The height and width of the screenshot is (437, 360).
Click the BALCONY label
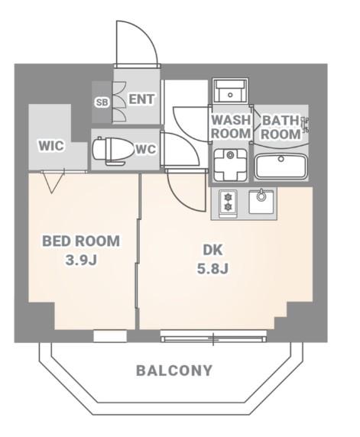174,371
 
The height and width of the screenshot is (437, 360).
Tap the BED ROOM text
81,241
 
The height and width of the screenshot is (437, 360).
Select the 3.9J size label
81,260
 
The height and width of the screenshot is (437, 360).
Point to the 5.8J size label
213,269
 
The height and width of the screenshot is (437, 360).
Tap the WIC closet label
51,145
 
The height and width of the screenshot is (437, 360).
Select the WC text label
145,149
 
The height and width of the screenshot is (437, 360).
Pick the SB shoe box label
102,102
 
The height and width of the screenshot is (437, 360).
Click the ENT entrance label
141,99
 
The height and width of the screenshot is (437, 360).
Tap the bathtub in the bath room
281,167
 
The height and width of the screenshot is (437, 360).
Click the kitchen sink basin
261,202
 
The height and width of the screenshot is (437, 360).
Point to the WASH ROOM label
231,127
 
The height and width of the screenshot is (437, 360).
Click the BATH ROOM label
281,128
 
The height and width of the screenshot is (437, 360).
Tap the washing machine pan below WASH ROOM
230,166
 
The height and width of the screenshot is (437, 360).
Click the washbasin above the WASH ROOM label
230,91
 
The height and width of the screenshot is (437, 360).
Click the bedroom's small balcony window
110,336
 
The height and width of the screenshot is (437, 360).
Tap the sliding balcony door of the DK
213,336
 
